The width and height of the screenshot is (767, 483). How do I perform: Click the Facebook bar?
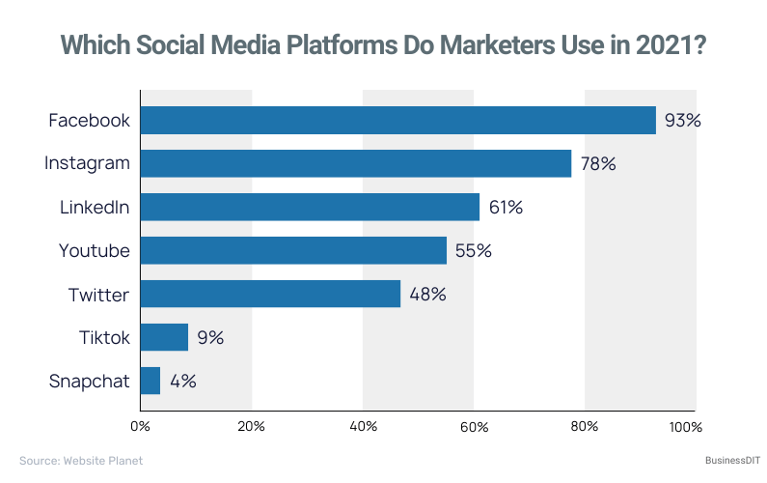click(397, 121)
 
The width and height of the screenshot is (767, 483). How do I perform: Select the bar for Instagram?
click(356, 163)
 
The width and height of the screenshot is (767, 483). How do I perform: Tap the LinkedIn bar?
click(310, 207)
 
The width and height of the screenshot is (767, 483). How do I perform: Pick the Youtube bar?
click(293, 250)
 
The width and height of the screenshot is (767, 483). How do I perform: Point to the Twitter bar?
click(270, 294)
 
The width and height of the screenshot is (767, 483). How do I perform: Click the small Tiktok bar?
click(164, 337)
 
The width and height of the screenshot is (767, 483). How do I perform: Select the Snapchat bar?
click(151, 381)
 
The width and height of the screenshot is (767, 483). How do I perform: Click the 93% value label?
click(682, 121)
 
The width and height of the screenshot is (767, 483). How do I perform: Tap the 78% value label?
click(597, 164)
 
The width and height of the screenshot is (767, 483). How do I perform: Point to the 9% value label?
click(210, 338)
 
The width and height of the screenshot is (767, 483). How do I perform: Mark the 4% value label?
click(183, 382)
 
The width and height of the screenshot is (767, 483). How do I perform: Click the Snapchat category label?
click(89, 382)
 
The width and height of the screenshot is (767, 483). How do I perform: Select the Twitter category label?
click(98, 294)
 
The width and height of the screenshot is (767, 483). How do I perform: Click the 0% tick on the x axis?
click(141, 426)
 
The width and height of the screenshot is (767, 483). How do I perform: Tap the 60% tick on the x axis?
click(473, 426)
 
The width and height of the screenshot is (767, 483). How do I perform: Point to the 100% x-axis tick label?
click(686, 426)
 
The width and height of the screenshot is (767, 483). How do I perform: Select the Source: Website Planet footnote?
click(81, 461)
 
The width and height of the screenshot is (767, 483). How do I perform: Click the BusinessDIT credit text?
click(720, 461)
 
